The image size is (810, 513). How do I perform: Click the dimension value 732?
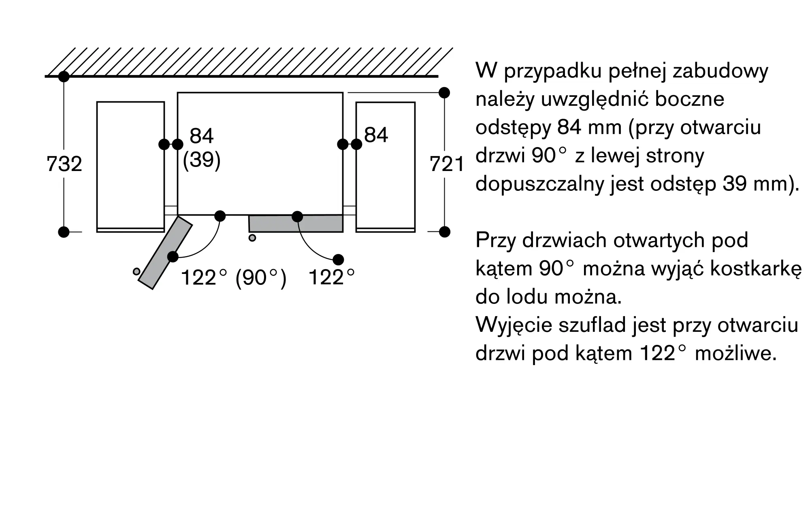(x=64, y=164)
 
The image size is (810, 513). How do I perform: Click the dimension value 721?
(x=447, y=164)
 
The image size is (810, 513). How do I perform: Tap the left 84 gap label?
(x=201, y=136)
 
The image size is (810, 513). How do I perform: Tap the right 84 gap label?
(x=376, y=135)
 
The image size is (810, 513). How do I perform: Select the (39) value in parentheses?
(x=202, y=160)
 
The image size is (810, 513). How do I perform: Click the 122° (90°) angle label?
(x=234, y=278)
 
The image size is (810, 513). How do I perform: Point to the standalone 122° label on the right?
(x=331, y=278)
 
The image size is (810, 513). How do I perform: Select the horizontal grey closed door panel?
(x=296, y=224)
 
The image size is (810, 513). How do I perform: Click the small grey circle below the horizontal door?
(x=252, y=238)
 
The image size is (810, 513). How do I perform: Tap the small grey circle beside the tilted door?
(x=136, y=271)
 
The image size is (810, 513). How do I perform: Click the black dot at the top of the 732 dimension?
(x=64, y=76)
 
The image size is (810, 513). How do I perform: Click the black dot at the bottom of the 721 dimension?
(x=445, y=232)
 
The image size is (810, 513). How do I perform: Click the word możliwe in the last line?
(x=735, y=354)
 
